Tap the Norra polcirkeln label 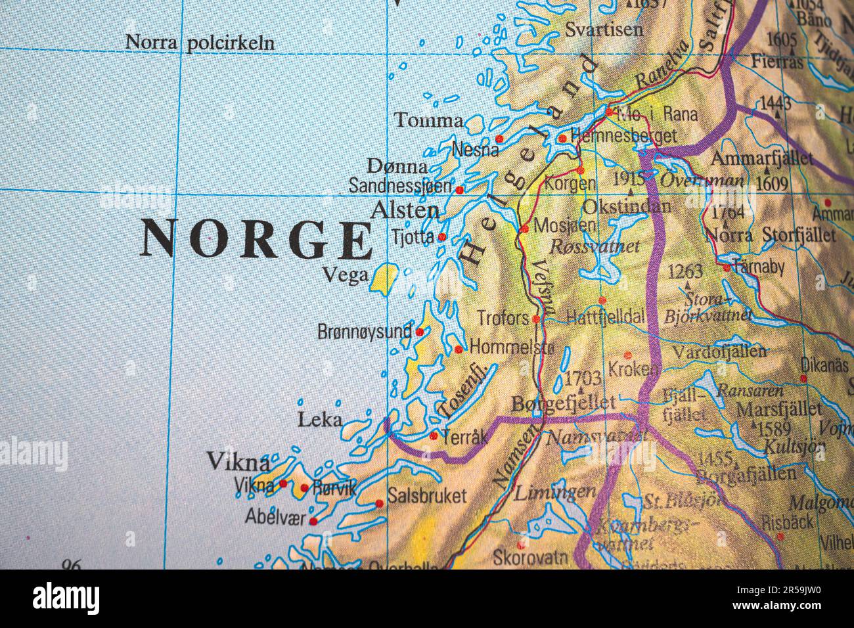coord(200,43)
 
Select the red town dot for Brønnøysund coord(419,332)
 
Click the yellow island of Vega coord(384,279)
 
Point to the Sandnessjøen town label coord(400,186)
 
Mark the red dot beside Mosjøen coord(524,229)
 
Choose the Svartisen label coord(604,30)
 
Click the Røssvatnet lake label coord(594,247)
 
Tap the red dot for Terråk coord(434,435)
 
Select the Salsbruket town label coord(427,495)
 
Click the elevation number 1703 coord(583,378)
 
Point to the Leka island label coord(319,419)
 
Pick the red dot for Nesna coord(499,139)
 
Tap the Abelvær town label coord(275,517)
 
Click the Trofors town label coord(503,318)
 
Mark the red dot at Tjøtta coord(442,236)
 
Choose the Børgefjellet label coord(563,402)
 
